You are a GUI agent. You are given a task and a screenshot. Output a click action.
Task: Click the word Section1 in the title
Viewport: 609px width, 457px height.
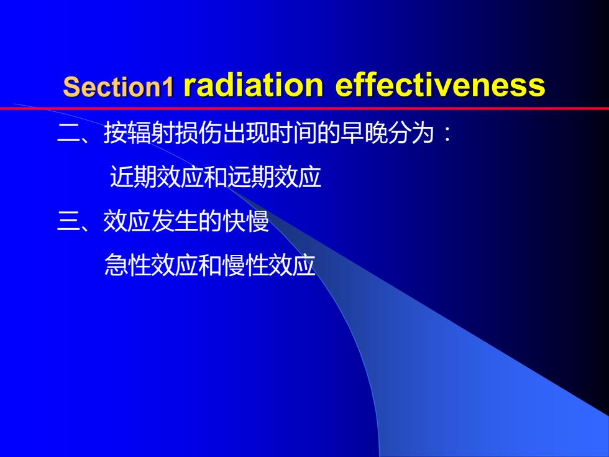coord(119,86)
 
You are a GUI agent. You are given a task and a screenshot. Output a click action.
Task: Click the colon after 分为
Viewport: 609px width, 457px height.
coord(448,134)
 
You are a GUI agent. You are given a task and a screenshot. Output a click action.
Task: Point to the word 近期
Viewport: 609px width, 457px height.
coord(134,177)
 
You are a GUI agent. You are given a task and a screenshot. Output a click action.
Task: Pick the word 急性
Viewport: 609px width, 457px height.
coord(128,265)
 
